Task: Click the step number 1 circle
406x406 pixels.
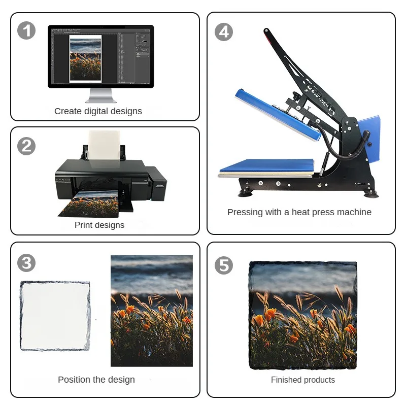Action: [x=26, y=31]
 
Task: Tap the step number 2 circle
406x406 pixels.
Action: [x=26, y=146]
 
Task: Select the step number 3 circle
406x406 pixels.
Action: [x=26, y=263]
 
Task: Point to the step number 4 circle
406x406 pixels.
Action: [x=224, y=32]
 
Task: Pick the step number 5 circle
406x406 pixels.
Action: [x=224, y=265]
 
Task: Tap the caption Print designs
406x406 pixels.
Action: [x=99, y=225]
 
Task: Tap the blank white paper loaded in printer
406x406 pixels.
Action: [x=105, y=146]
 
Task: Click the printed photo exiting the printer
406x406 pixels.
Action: [x=89, y=204]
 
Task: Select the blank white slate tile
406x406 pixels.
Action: [x=55, y=316]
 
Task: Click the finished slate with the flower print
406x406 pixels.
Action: [x=303, y=315]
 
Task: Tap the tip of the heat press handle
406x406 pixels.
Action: [x=266, y=31]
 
